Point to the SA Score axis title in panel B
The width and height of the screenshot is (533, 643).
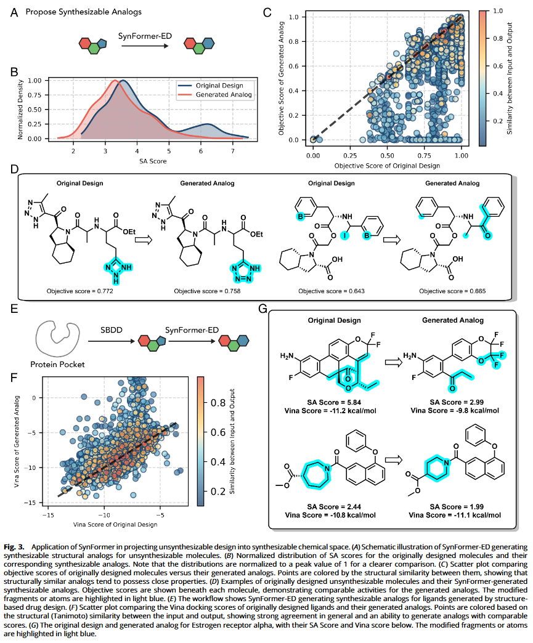(152, 161)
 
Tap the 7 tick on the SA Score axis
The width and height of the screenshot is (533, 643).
(232, 151)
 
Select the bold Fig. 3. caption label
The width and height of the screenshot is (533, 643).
(14, 547)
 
